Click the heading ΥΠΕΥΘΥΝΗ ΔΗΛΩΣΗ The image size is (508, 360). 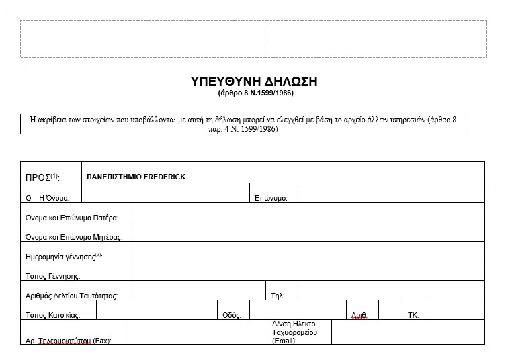[x=254, y=81]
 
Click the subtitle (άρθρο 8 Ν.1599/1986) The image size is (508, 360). [x=254, y=93]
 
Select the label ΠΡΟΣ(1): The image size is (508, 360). [x=42, y=177]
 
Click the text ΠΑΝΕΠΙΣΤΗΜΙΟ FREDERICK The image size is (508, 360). [x=136, y=177]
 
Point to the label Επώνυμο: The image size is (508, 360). [x=271, y=198]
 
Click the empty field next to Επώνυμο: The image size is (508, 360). [x=391, y=193]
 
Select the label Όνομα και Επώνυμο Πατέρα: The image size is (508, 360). [x=72, y=218]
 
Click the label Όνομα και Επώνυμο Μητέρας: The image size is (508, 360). [x=75, y=237]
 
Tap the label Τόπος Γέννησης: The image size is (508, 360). [x=53, y=276]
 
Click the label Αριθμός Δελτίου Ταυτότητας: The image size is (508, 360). [x=72, y=296]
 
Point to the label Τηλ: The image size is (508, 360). [x=278, y=296]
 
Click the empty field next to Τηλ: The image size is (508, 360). [x=391, y=291]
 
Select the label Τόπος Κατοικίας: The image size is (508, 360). [x=53, y=315]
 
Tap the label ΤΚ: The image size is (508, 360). [x=413, y=315]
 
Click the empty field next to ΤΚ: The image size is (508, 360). [x=455, y=310]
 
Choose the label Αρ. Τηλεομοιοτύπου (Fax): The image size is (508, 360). [x=69, y=341]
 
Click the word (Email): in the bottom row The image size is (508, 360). [x=284, y=341]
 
